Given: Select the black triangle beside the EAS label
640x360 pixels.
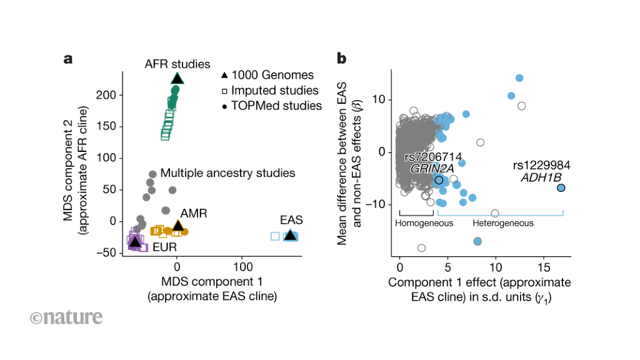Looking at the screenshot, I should pyautogui.click(x=290, y=235).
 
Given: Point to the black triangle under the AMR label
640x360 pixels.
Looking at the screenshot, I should pyautogui.click(x=178, y=226).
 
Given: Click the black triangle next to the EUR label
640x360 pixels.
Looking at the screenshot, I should pyautogui.click(x=134, y=242).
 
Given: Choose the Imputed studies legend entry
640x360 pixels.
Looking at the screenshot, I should pyautogui.click(x=270, y=91).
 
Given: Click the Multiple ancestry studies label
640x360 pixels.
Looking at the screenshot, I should pyautogui.click(x=227, y=172).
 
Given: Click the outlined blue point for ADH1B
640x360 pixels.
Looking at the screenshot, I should pyautogui.click(x=561, y=187).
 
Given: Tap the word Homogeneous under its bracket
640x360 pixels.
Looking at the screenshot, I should pyautogui.click(x=424, y=223).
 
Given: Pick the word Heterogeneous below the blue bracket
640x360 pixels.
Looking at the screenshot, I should pyautogui.click(x=503, y=223).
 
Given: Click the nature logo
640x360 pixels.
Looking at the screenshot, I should pyautogui.click(x=66, y=317).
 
